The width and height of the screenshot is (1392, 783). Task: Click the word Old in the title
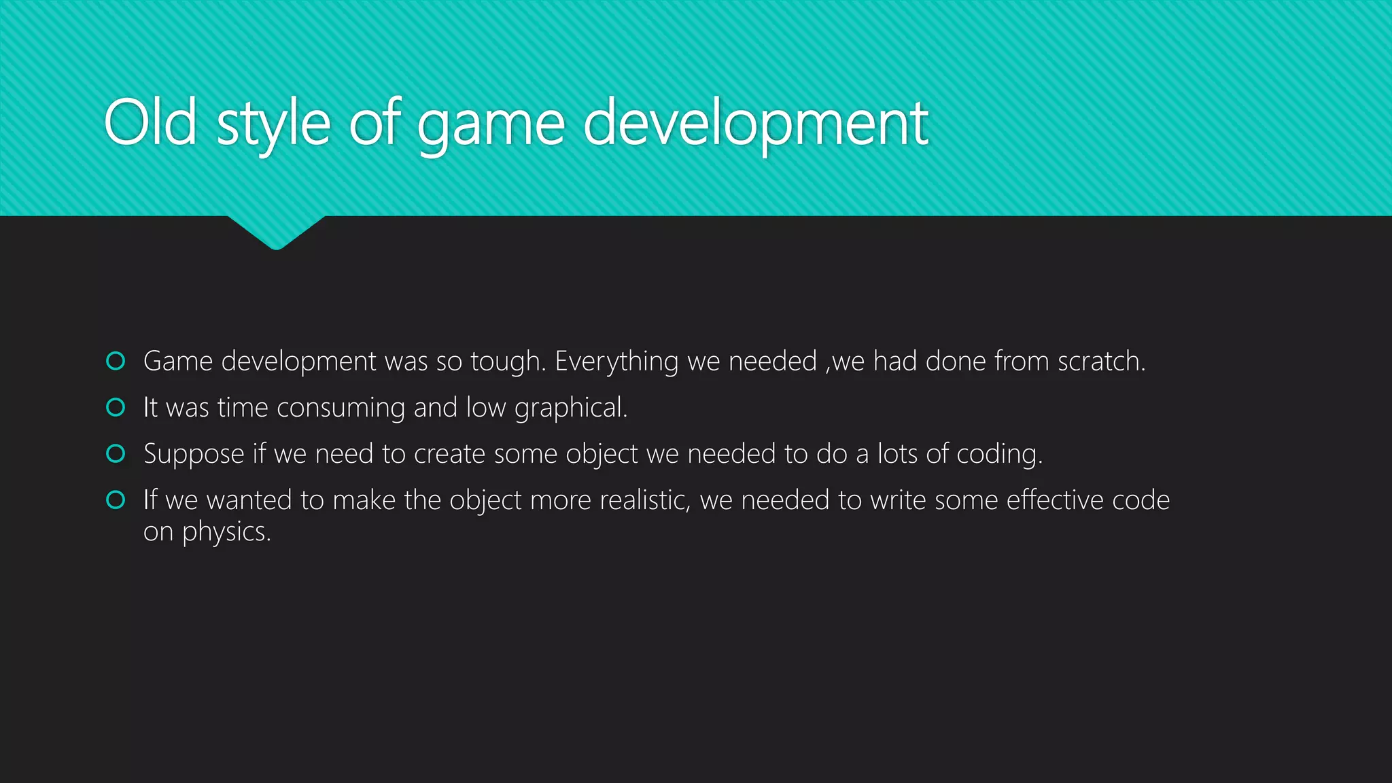[x=150, y=123]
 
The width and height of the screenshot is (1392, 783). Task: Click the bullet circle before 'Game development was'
[x=116, y=361]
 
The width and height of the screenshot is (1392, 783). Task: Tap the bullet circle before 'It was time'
[x=116, y=407]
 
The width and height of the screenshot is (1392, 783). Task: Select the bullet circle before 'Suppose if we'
[x=116, y=453]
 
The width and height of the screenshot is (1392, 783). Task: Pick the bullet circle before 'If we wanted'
[x=116, y=500]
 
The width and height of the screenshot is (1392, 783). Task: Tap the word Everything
[x=616, y=362]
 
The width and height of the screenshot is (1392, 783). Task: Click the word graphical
[x=570, y=408]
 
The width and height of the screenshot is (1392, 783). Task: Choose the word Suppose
[x=194, y=455]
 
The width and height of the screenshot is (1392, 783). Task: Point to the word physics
[x=226, y=532]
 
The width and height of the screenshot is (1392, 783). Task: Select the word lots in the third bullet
[x=898, y=453]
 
